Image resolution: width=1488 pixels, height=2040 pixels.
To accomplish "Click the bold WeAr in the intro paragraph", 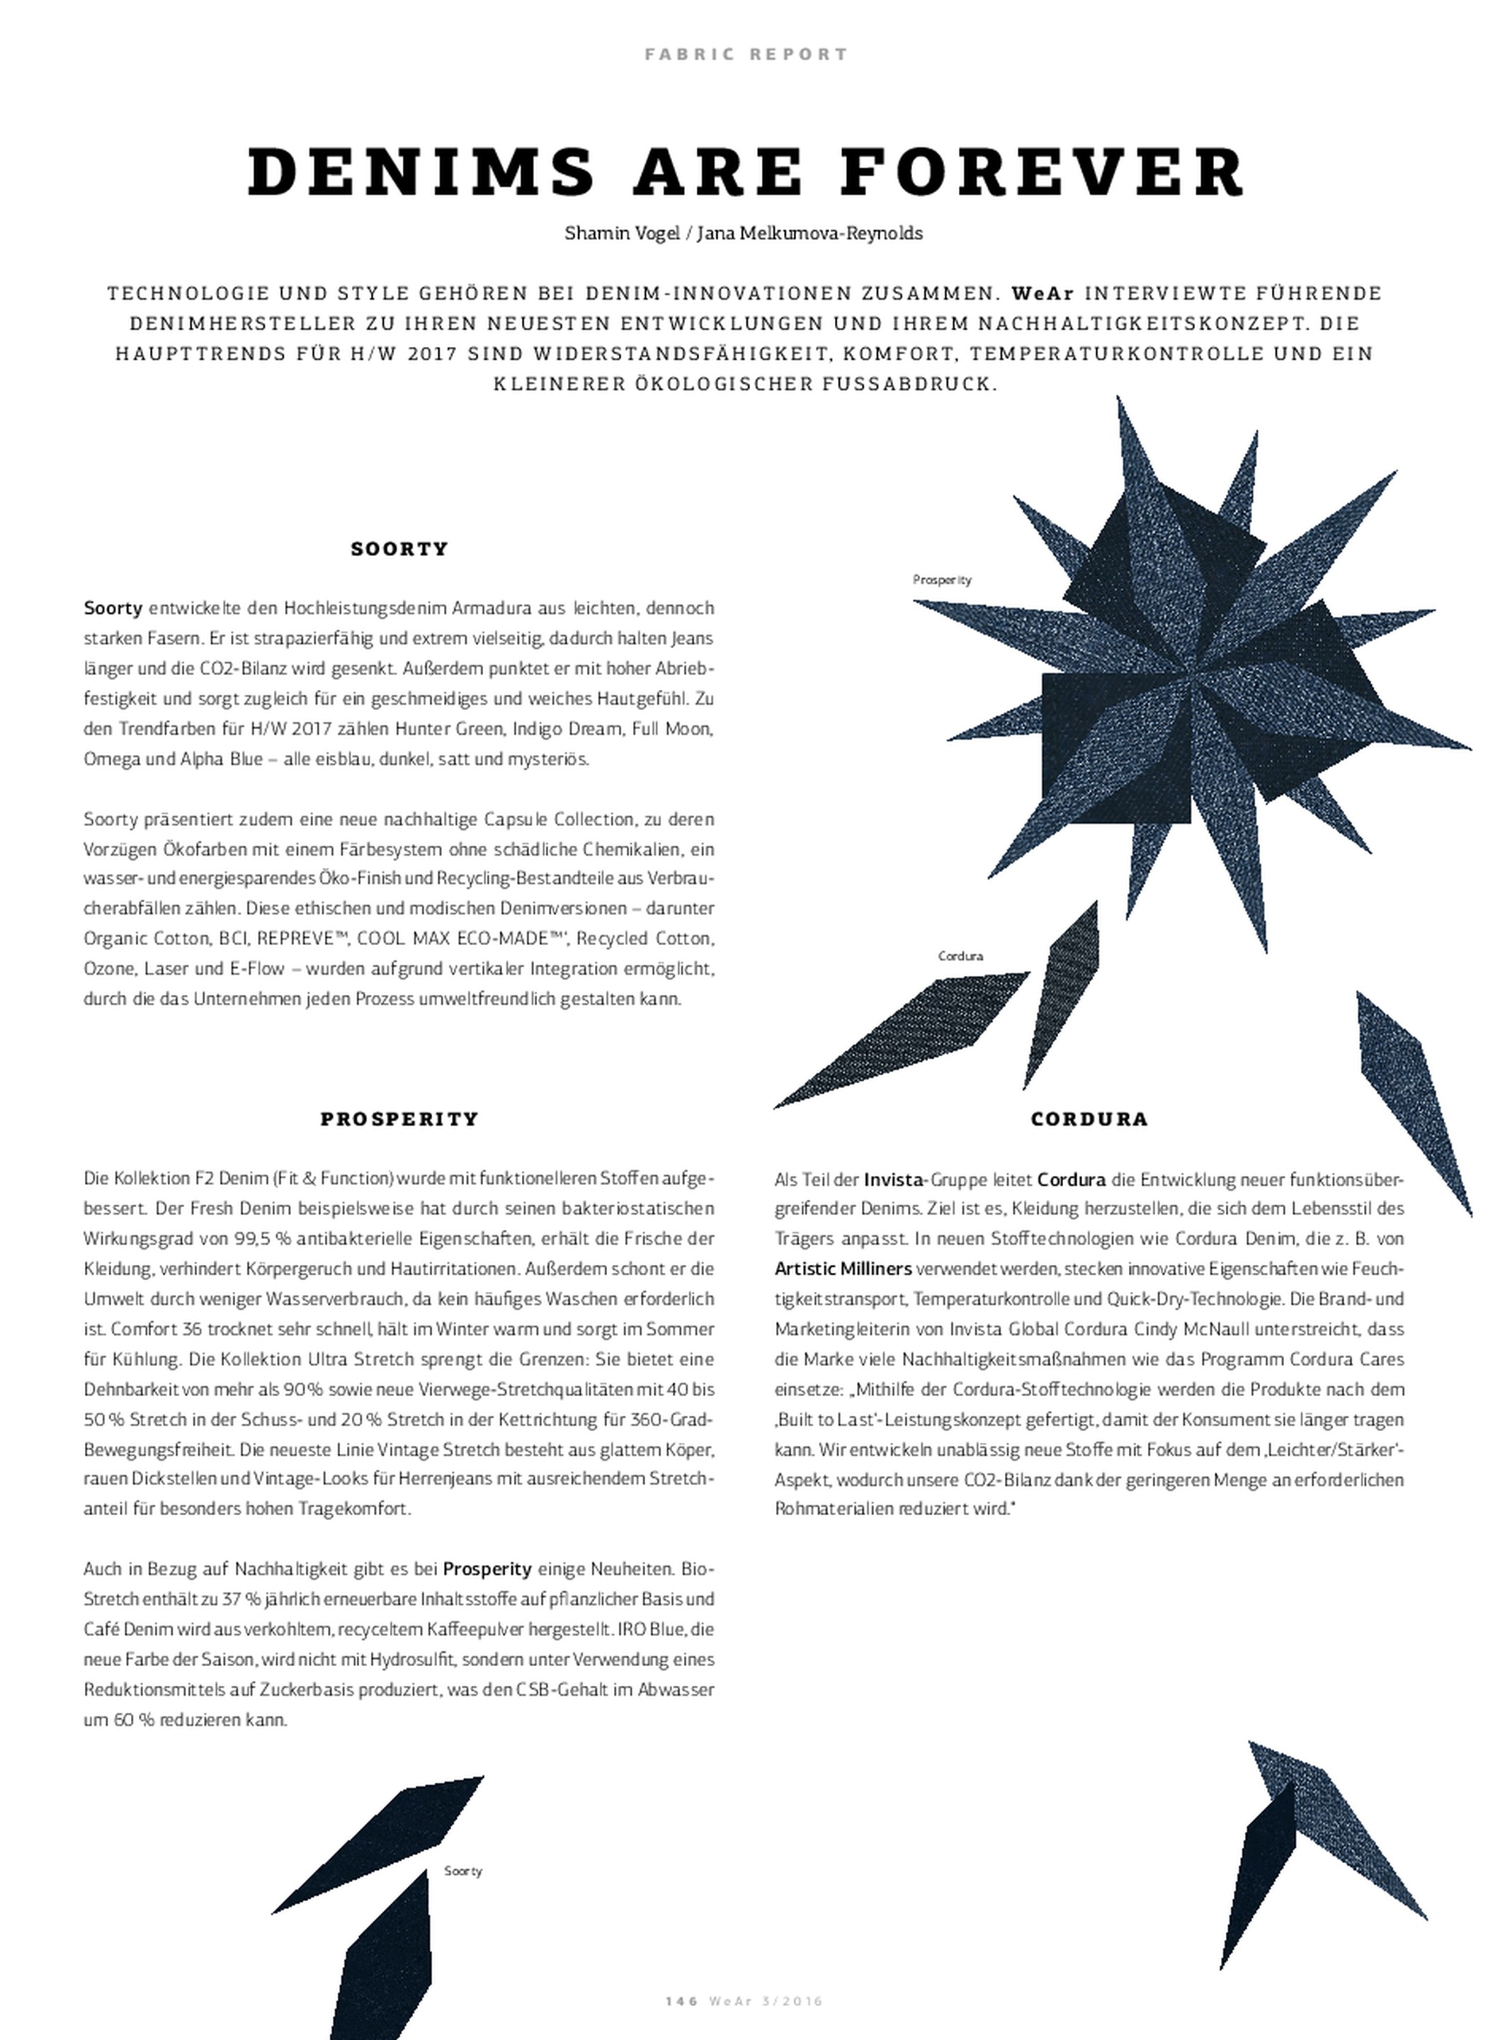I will click(x=1043, y=294).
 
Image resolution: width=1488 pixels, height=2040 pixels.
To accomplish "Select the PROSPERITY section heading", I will click(x=399, y=1120).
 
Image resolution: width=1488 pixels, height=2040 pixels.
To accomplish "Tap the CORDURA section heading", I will click(x=1089, y=1120).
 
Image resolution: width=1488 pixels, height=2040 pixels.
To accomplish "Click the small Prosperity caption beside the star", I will click(x=941, y=580).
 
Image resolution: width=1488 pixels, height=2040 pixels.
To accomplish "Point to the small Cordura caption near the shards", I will click(x=960, y=956).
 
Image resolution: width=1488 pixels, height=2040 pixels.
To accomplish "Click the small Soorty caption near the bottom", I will click(x=463, y=1871).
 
